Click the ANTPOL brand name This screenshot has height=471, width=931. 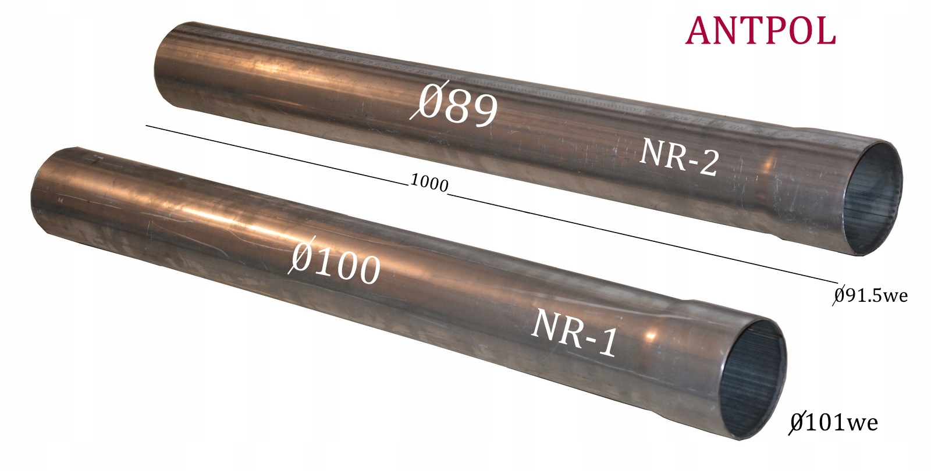(760, 31)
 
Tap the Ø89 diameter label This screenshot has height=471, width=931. (454, 104)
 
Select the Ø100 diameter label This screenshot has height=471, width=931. (334, 262)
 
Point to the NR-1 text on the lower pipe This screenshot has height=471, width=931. (573, 332)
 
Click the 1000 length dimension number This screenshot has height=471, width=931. (429, 183)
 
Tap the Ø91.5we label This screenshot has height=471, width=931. (870, 296)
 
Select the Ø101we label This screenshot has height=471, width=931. (833, 423)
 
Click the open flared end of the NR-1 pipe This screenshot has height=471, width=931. (752, 380)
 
